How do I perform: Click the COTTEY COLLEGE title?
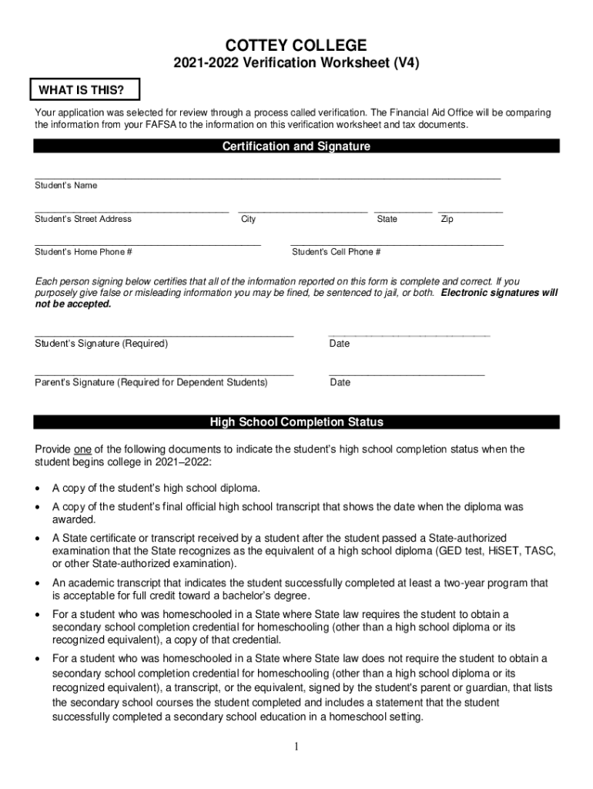[296, 45]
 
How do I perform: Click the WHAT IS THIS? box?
[75, 90]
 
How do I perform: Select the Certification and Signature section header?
[296, 146]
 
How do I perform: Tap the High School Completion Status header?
[296, 422]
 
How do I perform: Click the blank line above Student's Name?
[267, 178]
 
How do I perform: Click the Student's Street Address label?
[83, 219]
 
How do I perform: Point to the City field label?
[249, 220]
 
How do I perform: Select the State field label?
[387, 220]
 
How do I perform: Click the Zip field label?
[447, 220]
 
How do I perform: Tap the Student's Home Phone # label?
[83, 252]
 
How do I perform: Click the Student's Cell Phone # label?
[336, 252]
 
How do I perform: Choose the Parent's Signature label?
[151, 382]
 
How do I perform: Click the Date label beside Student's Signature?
[339, 344]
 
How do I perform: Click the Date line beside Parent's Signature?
[407, 374]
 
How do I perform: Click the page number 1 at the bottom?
[296, 747]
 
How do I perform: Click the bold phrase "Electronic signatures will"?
[499, 294]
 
